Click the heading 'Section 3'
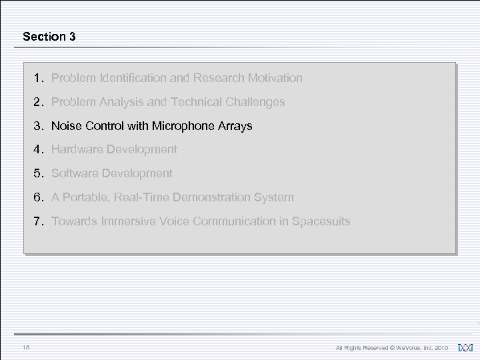[x=49, y=37]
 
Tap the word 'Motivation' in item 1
[x=275, y=78]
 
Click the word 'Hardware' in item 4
[x=75, y=149]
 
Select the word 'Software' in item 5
[x=73, y=173]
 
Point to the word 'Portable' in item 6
[x=87, y=197]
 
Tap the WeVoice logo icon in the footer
[x=465, y=347]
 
